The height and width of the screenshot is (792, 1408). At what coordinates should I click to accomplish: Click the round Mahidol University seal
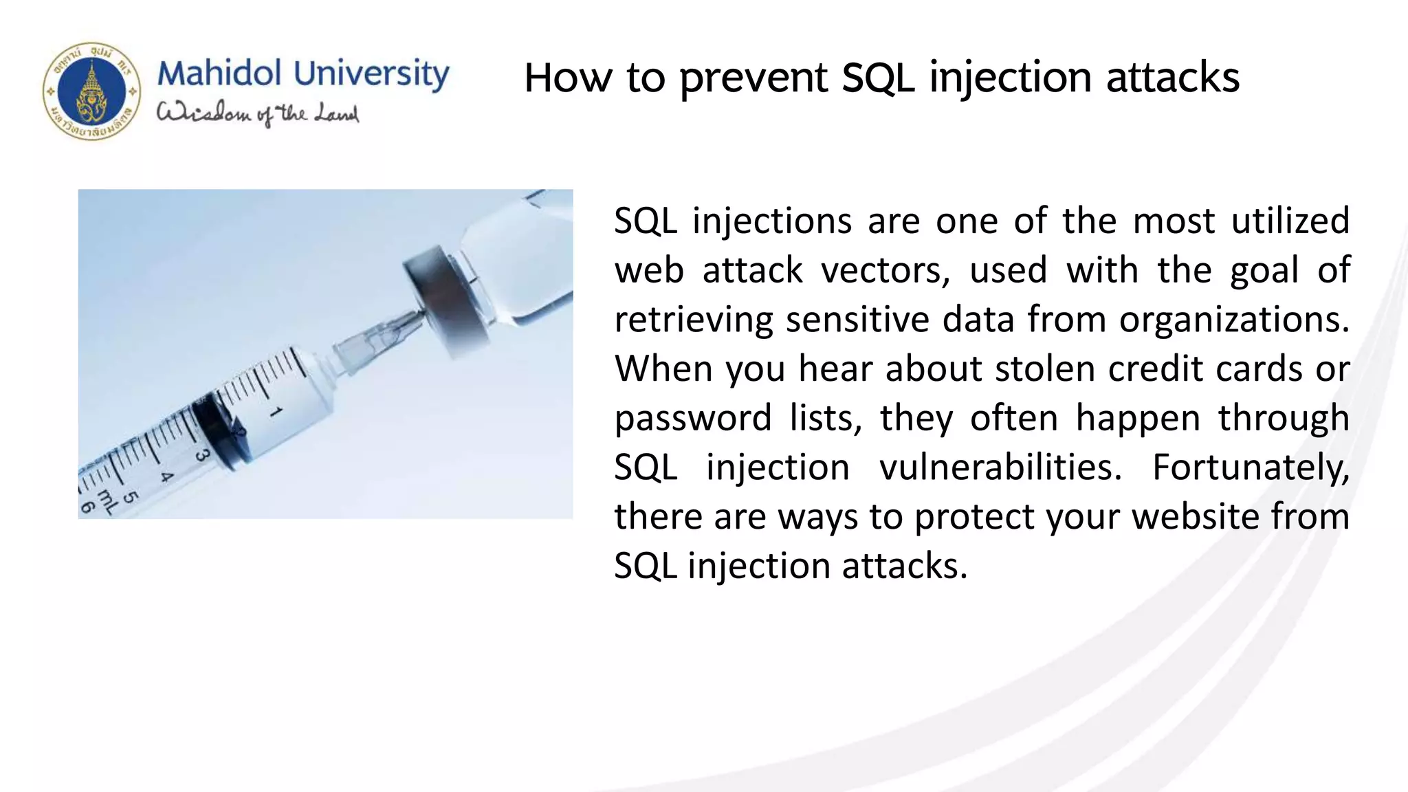91,91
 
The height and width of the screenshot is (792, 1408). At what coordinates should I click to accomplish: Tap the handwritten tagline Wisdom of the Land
258,113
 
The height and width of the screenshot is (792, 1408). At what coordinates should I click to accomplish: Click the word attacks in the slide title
1173,78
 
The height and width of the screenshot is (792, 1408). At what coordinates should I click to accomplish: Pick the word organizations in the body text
1234,320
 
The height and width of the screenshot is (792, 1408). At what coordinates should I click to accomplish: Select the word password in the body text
692,419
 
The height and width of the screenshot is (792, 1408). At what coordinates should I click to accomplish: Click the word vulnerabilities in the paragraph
1000,468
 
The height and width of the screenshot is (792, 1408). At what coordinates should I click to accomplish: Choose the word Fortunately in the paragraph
1251,468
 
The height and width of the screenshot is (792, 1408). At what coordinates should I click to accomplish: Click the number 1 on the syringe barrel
276,412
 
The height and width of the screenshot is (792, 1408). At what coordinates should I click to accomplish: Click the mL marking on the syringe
107,503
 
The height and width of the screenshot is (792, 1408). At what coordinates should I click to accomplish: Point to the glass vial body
522,261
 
